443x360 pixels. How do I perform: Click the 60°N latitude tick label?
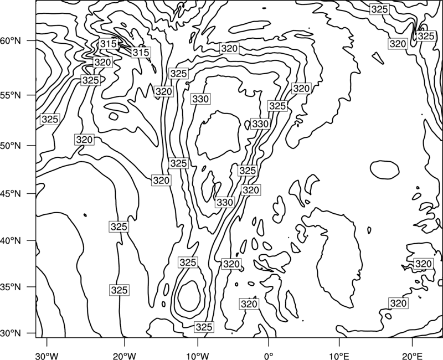pyautogui.click(x=11, y=41)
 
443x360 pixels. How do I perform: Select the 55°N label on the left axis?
pyautogui.click(x=11, y=95)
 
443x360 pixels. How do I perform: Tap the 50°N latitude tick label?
pyautogui.click(x=11, y=146)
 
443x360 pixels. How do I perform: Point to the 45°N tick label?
pyautogui.click(x=11, y=193)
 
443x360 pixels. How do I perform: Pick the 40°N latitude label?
pyautogui.click(x=11, y=241)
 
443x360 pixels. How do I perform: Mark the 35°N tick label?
pyautogui.click(x=11, y=287)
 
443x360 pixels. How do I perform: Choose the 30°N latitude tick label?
pyautogui.click(x=11, y=333)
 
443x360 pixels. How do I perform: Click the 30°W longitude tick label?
pyautogui.click(x=47, y=356)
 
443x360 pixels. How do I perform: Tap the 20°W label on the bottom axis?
pyautogui.click(x=125, y=356)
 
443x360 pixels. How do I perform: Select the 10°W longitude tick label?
pyautogui.click(x=197, y=356)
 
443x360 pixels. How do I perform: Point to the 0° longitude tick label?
pyautogui.click(x=268, y=356)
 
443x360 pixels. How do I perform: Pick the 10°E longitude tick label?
pyautogui.click(x=339, y=356)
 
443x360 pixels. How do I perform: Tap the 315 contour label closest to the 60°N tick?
pyautogui.click(x=108, y=44)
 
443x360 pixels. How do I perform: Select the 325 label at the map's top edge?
pyautogui.click(x=379, y=9)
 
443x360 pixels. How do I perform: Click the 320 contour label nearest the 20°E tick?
pyautogui.click(x=398, y=304)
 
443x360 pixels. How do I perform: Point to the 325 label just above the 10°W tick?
pyautogui.click(x=204, y=327)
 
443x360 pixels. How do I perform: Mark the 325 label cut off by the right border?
pyautogui.click(x=425, y=36)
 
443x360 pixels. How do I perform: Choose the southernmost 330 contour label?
pyautogui.click(x=225, y=202)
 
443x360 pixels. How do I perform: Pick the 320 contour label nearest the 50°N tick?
pyautogui.click(x=85, y=140)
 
